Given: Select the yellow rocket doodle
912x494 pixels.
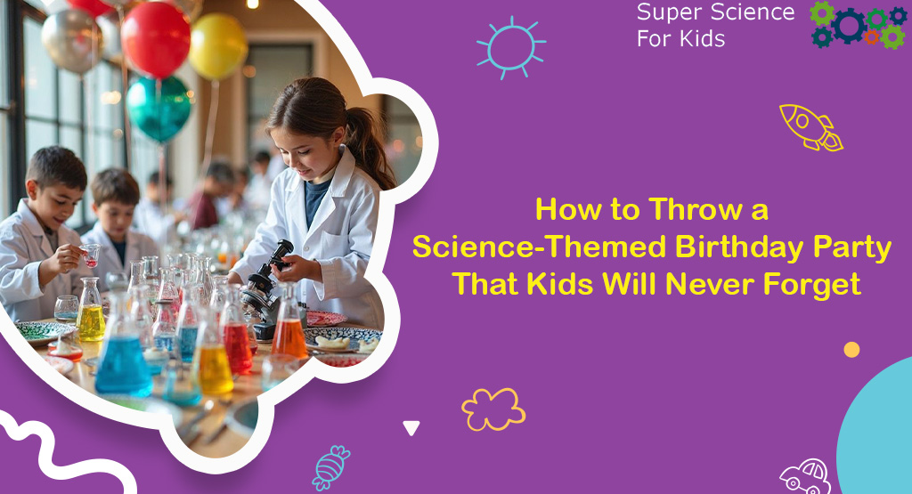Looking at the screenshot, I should [x=810, y=126].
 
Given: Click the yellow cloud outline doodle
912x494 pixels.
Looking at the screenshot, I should [x=493, y=409].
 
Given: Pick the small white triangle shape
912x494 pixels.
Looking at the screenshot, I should [x=411, y=428].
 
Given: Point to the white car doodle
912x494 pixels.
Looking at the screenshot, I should [x=805, y=476].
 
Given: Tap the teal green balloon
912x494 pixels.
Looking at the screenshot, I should [x=159, y=107].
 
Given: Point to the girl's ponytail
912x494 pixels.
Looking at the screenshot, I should [x=374, y=142].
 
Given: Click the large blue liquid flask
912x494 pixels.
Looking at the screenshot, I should [x=123, y=360].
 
